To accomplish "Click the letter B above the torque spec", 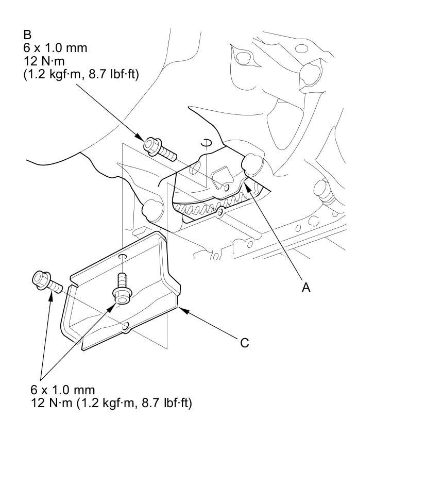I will point(27,35).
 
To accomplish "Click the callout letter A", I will point(306,288).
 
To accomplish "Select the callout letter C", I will point(245,343).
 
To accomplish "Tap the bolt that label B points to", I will point(159,148).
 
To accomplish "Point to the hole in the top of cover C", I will point(123,256).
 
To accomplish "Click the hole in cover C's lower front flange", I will point(125,326).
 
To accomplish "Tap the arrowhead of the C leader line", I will point(179,309).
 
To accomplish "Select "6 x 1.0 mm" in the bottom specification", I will point(63,390).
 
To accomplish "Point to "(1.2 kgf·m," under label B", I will point(55,75).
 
